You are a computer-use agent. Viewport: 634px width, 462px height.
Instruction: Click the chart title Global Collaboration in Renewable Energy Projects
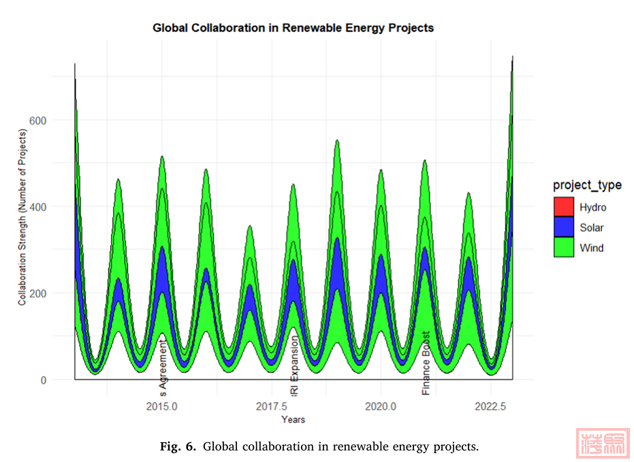(x=293, y=29)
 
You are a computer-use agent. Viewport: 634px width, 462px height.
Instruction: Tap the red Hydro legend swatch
(x=565, y=207)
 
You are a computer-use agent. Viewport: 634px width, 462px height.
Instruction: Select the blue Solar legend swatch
(x=565, y=227)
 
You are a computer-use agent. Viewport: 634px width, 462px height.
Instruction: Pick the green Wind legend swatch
(x=565, y=248)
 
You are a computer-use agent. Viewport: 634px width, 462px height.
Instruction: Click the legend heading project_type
(x=586, y=185)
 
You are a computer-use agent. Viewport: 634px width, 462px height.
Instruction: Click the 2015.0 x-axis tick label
(x=162, y=406)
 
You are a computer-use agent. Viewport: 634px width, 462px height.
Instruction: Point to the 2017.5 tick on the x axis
(x=271, y=406)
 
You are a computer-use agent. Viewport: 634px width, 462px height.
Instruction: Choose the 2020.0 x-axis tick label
(x=381, y=406)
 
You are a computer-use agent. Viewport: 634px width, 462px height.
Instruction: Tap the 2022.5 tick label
(x=490, y=406)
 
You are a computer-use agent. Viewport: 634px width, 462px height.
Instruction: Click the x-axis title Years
(x=293, y=419)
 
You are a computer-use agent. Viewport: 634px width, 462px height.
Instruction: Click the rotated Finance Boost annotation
(x=426, y=363)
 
